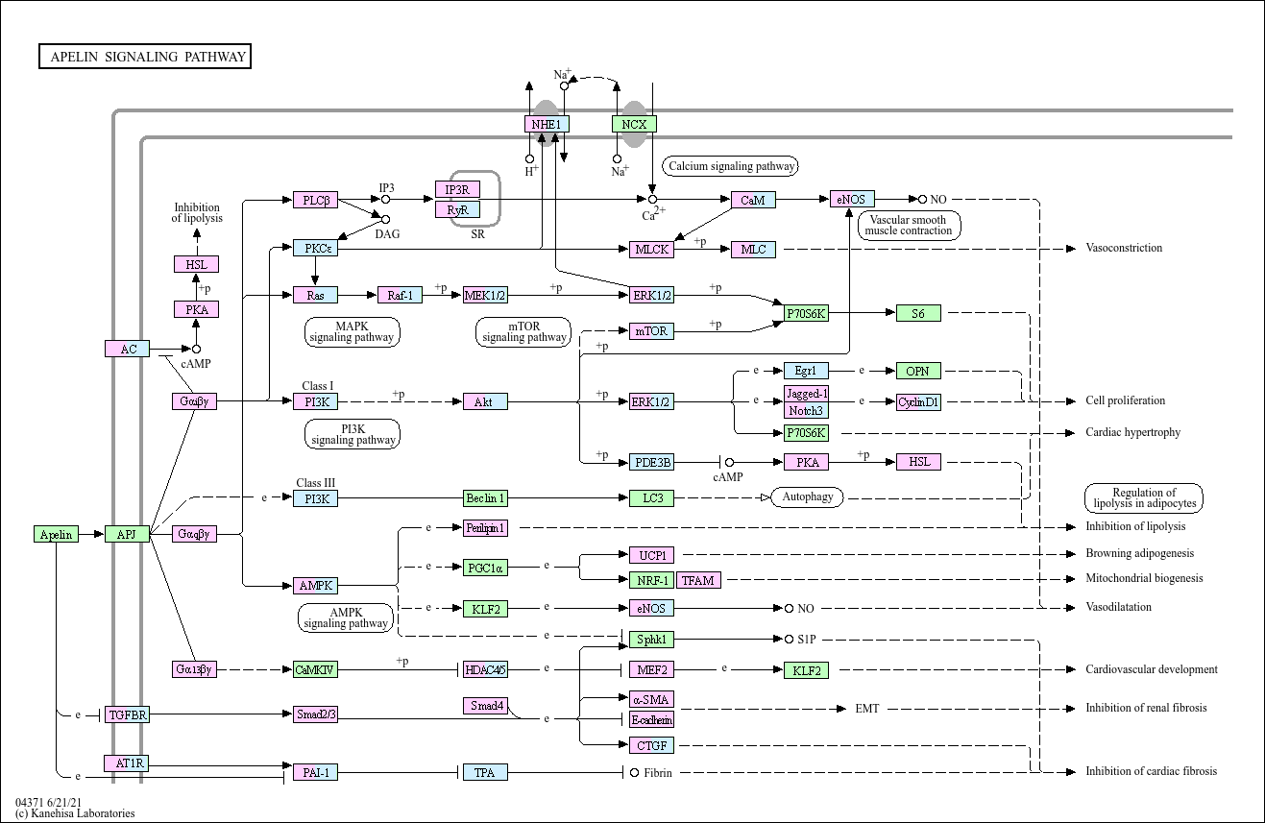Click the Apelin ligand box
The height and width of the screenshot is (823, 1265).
(x=56, y=534)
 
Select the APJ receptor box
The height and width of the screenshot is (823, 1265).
(x=127, y=534)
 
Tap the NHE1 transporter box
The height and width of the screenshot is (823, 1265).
(x=547, y=124)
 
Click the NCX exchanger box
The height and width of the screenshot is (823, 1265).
(x=634, y=124)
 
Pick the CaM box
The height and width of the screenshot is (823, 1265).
(x=753, y=200)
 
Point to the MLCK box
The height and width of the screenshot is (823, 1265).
(x=651, y=250)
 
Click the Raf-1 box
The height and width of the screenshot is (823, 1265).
(x=400, y=295)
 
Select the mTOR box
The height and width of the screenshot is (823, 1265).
(x=651, y=331)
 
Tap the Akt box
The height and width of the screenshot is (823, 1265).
(x=484, y=401)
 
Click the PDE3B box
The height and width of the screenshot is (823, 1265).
(x=651, y=462)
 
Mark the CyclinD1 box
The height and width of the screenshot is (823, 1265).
(x=918, y=402)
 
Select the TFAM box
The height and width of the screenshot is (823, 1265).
(x=698, y=580)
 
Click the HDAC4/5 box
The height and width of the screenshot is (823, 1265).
(x=484, y=669)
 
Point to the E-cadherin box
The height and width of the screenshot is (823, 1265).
(x=651, y=719)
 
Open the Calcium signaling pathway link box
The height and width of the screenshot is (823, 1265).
(x=732, y=166)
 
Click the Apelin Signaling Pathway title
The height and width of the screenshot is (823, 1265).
(x=145, y=57)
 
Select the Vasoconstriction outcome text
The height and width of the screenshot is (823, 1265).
(x=1124, y=248)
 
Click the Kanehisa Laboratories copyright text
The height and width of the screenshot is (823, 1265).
(x=75, y=813)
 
